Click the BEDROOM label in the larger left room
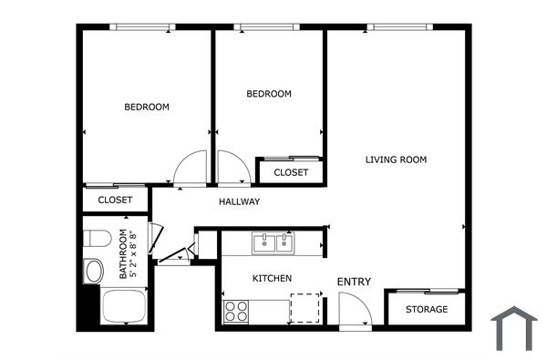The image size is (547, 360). click(147, 108)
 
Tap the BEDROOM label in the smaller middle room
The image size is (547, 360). click(269, 94)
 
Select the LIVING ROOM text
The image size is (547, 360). click(396, 159)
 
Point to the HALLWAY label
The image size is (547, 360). click(240, 201)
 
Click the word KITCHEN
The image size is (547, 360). click(272, 277)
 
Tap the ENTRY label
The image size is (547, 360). click(354, 282)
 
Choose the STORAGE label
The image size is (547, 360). click(427, 309)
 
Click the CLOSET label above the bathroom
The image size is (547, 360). click(115, 200)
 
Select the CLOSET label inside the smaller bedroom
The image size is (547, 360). click(290, 172)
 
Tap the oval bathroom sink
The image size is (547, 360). click(93, 271)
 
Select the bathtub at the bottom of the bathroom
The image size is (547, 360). click(124, 305)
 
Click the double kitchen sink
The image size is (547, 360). click(273, 242)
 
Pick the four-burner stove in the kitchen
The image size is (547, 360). click(236, 311)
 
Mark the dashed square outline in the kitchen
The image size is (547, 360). click(305, 308)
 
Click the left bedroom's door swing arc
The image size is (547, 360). click(191, 169)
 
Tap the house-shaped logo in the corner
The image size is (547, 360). click(514, 327)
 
